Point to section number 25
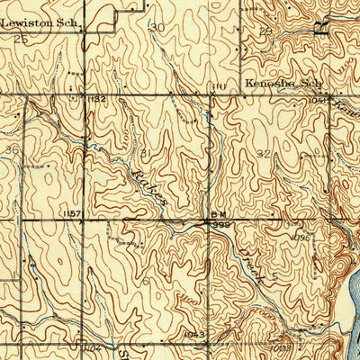pyautogui.click(x=22, y=40)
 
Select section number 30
pyautogui.click(x=157, y=27)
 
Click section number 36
pyautogui.click(x=11, y=149)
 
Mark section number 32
pyautogui.click(x=262, y=154)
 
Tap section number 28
pyautogui.click(x=265, y=32)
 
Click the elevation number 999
pyautogui.click(x=221, y=225)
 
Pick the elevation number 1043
pyautogui.click(x=194, y=334)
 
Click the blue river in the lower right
pyautogui.click(x=346, y=306)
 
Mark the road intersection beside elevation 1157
pyautogui.click(x=84, y=220)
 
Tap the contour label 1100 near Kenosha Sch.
pyautogui.click(x=217, y=87)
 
